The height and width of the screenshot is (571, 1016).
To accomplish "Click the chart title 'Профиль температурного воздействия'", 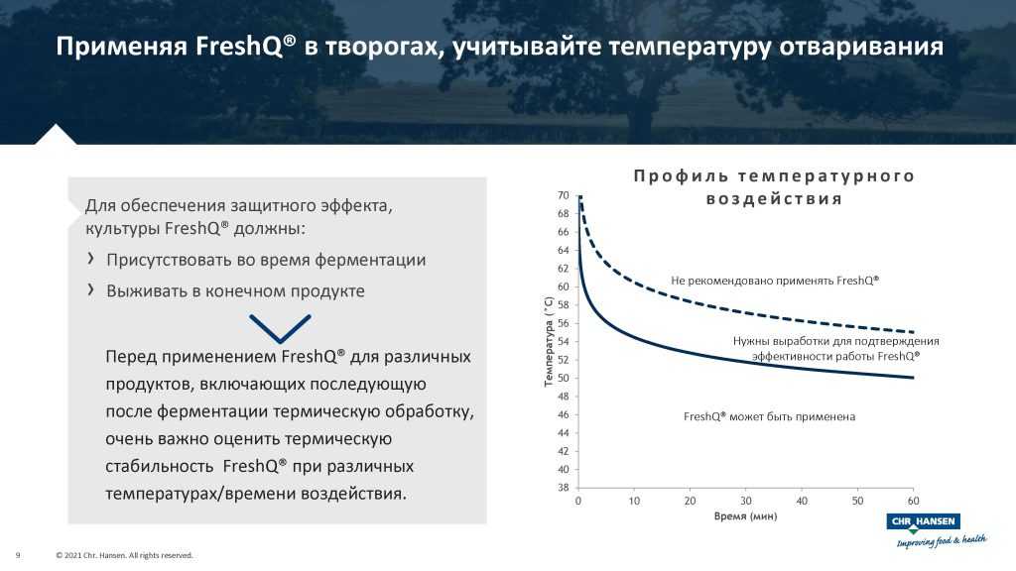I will (x=773, y=187).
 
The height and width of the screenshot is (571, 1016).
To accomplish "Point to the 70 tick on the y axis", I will (x=563, y=195).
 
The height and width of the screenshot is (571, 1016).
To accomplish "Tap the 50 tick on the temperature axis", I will (x=563, y=378).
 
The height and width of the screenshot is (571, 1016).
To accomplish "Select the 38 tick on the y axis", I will (x=563, y=488).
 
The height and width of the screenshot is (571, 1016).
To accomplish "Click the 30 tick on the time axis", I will (x=746, y=501).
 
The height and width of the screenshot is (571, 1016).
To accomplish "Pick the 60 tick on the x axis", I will (x=913, y=501).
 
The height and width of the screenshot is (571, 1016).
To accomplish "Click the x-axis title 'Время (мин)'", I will (x=745, y=516).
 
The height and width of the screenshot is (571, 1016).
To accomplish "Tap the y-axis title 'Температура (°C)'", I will (x=548, y=341).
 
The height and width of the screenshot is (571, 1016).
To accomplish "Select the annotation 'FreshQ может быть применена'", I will (x=769, y=416).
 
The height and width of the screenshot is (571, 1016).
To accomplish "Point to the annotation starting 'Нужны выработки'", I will (x=835, y=348).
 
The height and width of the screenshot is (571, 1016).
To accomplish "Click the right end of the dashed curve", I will (x=913, y=332).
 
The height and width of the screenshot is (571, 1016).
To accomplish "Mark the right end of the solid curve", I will (x=913, y=378).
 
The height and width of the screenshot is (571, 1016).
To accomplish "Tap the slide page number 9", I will (x=19, y=555).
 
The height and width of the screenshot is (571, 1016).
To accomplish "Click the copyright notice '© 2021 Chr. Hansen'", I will (x=124, y=555).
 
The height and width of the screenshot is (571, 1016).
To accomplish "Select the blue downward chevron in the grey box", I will (x=280, y=328).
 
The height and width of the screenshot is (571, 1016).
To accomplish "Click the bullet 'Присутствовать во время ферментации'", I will (x=266, y=260).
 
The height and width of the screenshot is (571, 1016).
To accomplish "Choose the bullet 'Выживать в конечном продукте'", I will (x=235, y=291).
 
